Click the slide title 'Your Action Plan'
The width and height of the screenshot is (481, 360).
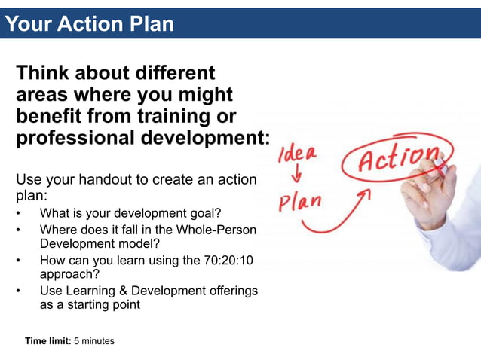tap(89, 24)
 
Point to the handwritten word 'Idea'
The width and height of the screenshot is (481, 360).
tap(299, 156)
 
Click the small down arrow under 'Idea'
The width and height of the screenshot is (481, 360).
tap(296, 178)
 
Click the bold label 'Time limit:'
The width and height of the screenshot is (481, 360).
tap(47, 341)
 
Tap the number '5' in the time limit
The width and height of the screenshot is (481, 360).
tap(76, 341)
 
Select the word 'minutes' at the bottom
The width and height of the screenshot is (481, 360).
tap(98, 341)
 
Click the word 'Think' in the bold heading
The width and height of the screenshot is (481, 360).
tap(44, 74)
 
